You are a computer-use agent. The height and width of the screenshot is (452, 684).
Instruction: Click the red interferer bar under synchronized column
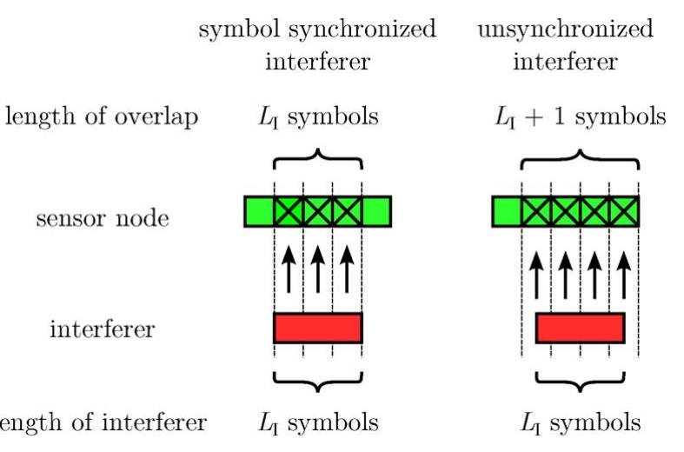click(x=317, y=328)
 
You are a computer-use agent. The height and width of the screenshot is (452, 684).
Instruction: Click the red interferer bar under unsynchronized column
click(x=580, y=328)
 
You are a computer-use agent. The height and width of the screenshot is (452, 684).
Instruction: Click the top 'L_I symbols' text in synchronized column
click(x=318, y=116)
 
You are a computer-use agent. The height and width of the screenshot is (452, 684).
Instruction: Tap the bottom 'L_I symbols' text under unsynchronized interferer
click(x=580, y=423)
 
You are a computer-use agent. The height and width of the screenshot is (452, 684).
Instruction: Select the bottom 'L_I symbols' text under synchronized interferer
click(x=318, y=423)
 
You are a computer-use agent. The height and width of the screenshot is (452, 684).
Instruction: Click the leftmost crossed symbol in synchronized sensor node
click(x=289, y=211)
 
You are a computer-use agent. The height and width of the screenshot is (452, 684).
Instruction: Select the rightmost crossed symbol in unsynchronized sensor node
click(x=624, y=211)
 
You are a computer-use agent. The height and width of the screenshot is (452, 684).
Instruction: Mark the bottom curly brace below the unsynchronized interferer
click(x=580, y=380)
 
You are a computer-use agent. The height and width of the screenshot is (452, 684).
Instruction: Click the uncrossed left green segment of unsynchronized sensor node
click(x=507, y=211)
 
